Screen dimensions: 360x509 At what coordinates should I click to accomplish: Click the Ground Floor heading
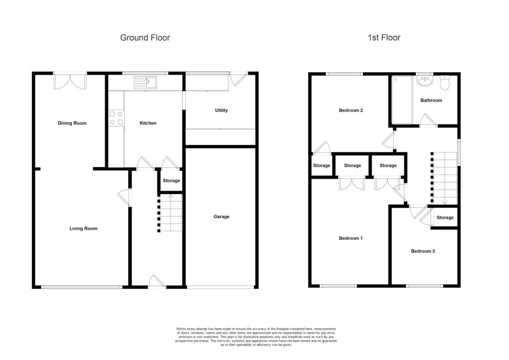pyautogui.click(x=145, y=38)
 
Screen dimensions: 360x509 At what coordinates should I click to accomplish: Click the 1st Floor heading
pyautogui.click(x=384, y=38)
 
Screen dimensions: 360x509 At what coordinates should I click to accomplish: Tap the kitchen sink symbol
pyautogui.click(x=145, y=82)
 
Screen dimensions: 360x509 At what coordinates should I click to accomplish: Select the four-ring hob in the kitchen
pyautogui.click(x=116, y=118)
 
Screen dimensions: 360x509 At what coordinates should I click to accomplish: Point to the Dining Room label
pyautogui.click(x=72, y=123)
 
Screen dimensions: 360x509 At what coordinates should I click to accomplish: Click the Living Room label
pyautogui.click(x=83, y=228)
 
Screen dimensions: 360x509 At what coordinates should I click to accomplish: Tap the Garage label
pyautogui.click(x=221, y=217)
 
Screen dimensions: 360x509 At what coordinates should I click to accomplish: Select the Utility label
pyautogui.click(x=221, y=110)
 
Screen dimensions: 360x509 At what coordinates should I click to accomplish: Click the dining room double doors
pyautogui.click(x=70, y=81)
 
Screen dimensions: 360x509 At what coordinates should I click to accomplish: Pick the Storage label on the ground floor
pyautogui.click(x=171, y=181)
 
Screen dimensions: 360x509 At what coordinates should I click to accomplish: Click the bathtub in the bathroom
pyautogui.click(x=402, y=100)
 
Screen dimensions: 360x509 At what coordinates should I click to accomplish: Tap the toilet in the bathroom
pyautogui.click(x=445, y=83)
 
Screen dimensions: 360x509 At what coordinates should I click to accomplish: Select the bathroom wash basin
pyautogui.click(x=425, y=81)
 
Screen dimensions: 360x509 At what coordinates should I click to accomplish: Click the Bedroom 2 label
pyautogui.click(x=350, y=110)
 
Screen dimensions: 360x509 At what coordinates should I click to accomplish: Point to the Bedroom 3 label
pyautogui.click(x=423, y=251)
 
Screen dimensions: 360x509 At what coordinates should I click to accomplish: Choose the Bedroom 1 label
pyautogui.click(x=350, y=238)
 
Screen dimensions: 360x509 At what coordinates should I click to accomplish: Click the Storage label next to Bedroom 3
pyautogui.click(x=445, y=217)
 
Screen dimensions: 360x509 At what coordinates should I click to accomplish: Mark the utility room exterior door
pyautogui.click(x=239, y=79)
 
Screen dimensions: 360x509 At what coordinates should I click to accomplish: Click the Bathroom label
pyautogui.click(x=431, y=100)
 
